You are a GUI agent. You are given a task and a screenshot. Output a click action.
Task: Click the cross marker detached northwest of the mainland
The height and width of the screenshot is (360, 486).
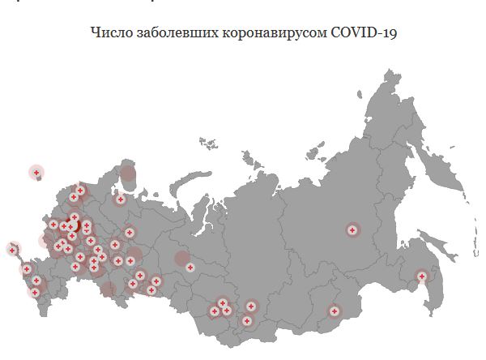point(36,172)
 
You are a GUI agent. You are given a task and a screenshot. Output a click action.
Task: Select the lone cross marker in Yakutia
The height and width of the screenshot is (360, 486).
point(352,230)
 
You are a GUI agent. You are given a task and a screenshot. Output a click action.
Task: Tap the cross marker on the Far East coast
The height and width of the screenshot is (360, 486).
point(421,276)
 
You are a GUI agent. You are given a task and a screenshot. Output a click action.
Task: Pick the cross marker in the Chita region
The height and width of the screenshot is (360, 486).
point(334,311)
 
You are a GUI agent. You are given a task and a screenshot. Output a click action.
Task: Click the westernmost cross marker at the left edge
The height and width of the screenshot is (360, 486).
point(12,249)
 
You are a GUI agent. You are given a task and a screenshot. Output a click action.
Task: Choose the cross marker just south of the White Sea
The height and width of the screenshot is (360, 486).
point(120,199)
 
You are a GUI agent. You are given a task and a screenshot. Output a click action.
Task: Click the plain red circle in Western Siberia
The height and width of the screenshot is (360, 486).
point(182,259)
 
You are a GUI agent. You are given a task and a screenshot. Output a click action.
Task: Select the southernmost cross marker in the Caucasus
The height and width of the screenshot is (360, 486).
point(35,293)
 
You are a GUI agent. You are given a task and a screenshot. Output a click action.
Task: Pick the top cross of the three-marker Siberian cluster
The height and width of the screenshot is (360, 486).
point(251,306)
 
